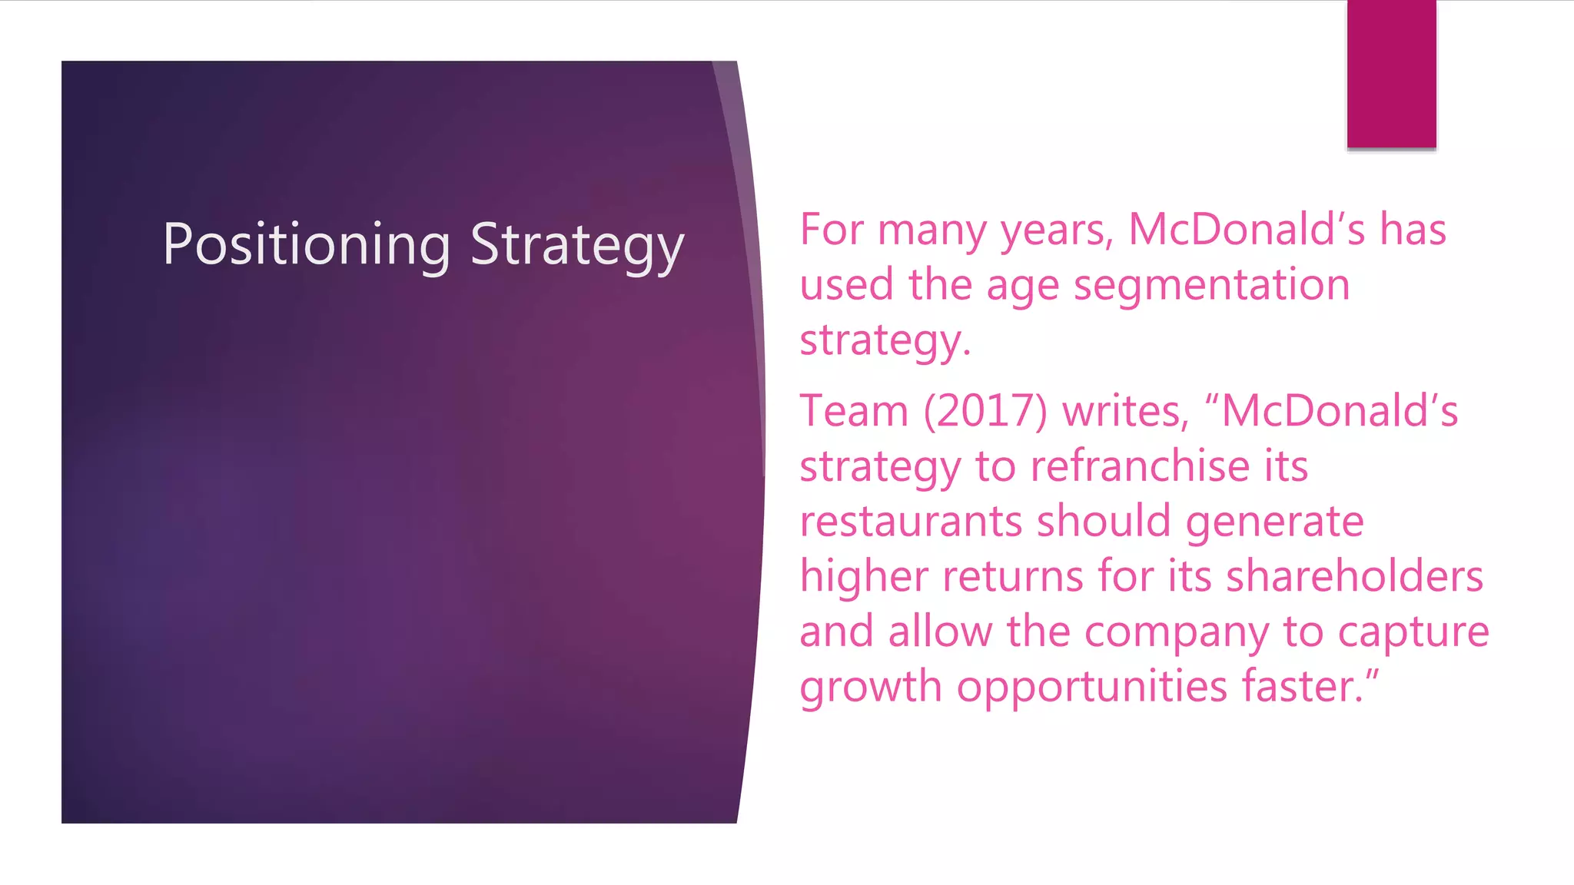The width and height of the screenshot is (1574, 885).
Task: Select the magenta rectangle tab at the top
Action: pyautogui.click(x=1391, y=74)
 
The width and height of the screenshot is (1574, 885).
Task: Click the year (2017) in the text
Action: pyautogui.click(x=985, y=411)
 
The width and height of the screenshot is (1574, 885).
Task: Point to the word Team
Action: pyautogui.click(x=854, y=411)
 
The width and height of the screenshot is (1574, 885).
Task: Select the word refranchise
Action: pyautogui.click(x=1141, y=466)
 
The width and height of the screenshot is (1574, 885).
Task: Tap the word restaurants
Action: pyautogui.click(x=911, y=522)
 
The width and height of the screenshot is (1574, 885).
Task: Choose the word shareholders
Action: pyautogui.click(x=1354, y=576)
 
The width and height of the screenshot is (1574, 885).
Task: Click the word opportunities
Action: pyautogui.click(x=1092, y=686)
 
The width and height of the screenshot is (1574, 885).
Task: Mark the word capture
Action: pyautogui.click(x=1413, y=632)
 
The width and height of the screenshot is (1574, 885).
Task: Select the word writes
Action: pyautogui.click(x=1126, y=411)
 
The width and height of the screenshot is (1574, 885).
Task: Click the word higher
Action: pyautogui.click(x=864, y=576)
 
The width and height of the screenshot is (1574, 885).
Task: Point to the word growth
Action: pyautogui.click(x=871, y=686)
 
